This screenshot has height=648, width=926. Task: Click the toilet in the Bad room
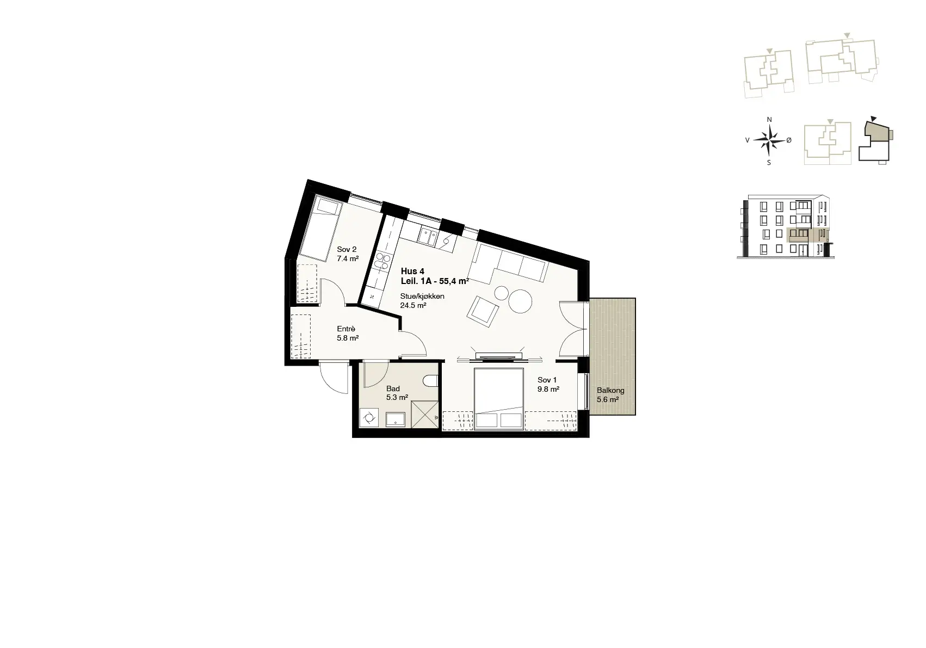coord(431,381)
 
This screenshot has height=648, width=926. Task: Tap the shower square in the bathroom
coord(424,414)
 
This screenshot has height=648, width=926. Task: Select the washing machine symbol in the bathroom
coord(368,417)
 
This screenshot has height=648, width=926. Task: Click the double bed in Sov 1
coord(499,399)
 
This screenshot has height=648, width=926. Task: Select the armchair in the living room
coord(483,311)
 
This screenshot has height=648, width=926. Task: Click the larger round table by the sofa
coord(520,301)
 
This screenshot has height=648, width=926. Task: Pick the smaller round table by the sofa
coord(501,293)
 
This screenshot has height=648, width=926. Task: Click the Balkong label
coord(610,390)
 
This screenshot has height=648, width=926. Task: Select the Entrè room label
coord(346,329)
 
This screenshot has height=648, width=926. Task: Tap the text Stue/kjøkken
coord(422,297)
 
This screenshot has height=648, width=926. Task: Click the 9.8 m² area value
coord(548,388)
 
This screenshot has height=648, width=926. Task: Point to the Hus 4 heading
coord(412,271)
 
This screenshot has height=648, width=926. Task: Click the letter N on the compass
coord(769,120)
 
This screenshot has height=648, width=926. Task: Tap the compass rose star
coord(769,140)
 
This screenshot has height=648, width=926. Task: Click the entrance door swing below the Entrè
coord(334,377)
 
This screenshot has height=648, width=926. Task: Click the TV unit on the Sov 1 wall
coord(498,356)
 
